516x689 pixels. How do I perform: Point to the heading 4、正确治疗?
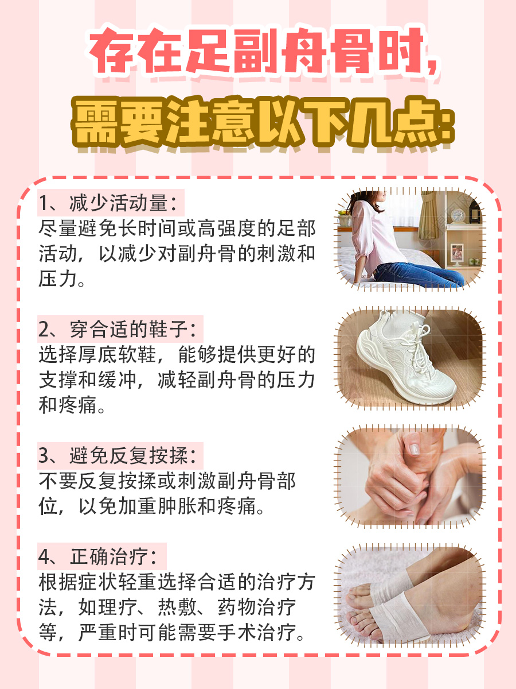click(x=97, y=556)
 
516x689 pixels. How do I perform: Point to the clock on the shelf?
click(x=457, y=215)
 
